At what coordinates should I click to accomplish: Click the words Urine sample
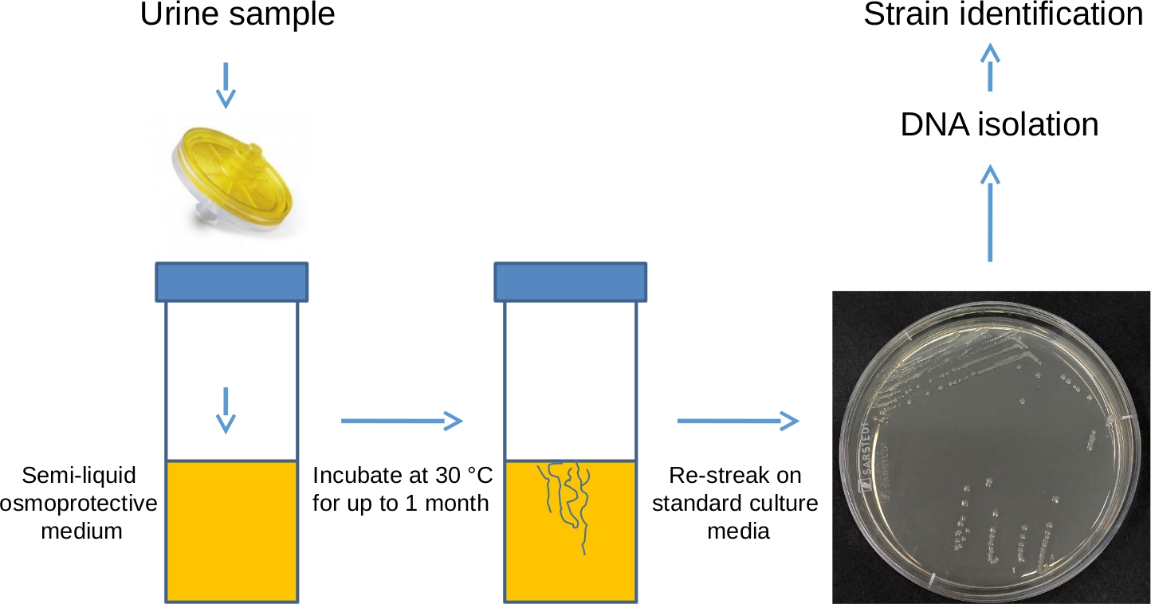[238, 16]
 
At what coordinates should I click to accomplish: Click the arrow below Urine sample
[226, 85]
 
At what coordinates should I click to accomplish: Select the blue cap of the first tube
[231, 281]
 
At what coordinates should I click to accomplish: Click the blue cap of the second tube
[570, 281]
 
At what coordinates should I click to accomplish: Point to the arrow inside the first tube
[227, 410]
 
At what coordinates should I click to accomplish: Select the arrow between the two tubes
[402, 420]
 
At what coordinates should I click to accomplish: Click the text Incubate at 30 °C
[403, 477]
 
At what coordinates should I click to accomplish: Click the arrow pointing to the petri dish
[738, 420]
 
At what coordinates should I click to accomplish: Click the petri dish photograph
[989, 446]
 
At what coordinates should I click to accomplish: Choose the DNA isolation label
[999, 125]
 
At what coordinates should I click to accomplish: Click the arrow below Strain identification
[990, 67]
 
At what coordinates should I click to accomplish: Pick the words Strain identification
[1003, 15]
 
